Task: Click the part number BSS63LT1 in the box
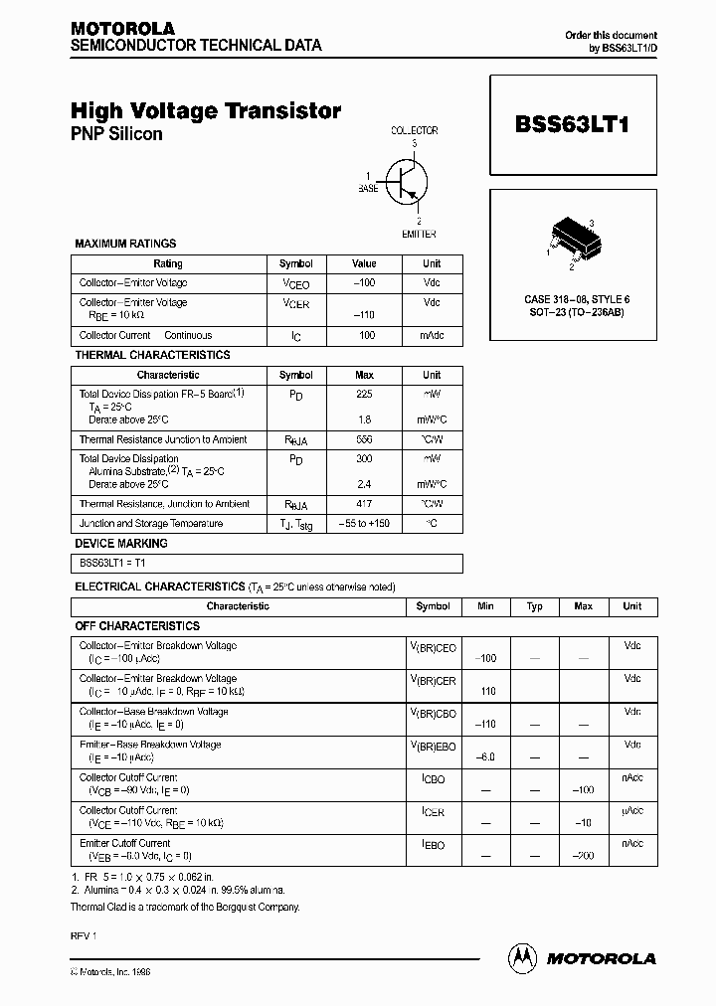573,125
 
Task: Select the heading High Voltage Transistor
206,111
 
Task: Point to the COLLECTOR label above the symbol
414,130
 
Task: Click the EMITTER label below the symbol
419,234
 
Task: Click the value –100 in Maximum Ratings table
364,282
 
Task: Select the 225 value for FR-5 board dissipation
364,394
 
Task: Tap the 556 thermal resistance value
364,439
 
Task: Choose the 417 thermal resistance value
364,504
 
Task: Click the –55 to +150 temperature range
364,524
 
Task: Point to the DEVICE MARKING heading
121,544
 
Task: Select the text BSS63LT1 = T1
112,563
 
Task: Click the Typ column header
534,606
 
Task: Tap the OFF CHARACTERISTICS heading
137,626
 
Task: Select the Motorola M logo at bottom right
521,957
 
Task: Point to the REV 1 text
83,936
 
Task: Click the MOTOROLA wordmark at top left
122,29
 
